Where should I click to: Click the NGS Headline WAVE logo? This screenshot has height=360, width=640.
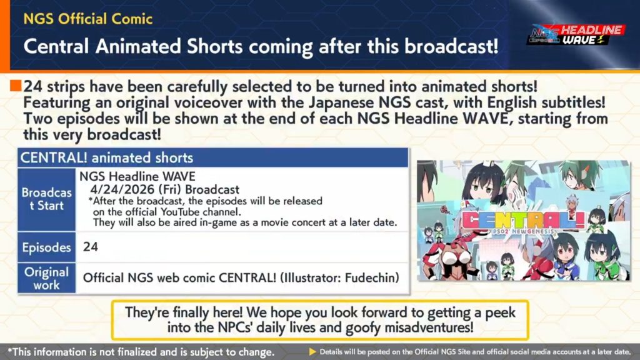point(576,35)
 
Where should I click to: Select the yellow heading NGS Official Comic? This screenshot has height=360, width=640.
point(87,19)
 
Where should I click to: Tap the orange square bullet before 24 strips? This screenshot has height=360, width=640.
point(16,86)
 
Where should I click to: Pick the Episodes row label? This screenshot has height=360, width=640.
point(46,247)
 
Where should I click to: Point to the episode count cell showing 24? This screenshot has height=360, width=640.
point(90,246)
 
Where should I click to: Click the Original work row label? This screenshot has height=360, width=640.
point(46,278)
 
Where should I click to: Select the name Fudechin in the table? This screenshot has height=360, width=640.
point(372,278)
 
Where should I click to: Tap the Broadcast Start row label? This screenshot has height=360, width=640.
point(46,199)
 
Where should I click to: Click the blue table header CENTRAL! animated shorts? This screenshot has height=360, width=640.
point(106,158)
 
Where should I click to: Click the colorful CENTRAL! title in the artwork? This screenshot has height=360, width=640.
point(524,221)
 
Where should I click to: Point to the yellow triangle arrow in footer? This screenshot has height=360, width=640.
point(312,352)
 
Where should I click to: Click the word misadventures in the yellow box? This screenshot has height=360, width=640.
point(429,327)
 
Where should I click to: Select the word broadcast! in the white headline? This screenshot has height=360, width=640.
point(451,46)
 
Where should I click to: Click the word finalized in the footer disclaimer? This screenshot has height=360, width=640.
point(143,352)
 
